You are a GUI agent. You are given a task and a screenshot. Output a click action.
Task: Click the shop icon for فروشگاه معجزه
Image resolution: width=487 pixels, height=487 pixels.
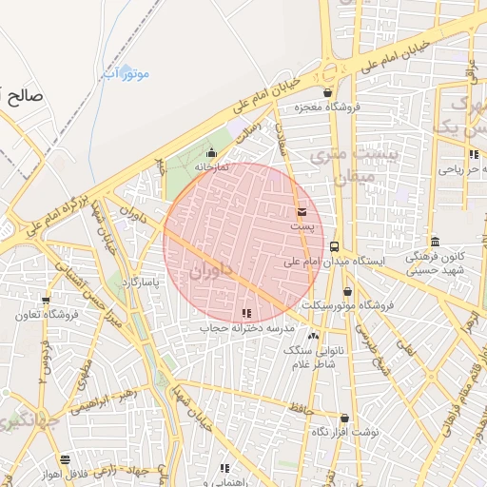click(328, 92)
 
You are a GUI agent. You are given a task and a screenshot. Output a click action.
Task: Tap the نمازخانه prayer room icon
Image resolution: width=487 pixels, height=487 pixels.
click(211, 152)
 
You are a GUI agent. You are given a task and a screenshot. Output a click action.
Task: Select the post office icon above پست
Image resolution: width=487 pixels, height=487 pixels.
click(302, 211)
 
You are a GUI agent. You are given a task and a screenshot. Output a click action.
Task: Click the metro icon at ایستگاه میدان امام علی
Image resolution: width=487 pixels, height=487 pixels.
click(334, 246)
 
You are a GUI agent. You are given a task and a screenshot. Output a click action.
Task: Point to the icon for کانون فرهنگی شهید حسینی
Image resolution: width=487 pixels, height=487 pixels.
click(435, 242)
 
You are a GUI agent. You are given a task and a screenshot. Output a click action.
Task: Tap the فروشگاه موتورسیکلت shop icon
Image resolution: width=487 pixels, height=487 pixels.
click(347, 291)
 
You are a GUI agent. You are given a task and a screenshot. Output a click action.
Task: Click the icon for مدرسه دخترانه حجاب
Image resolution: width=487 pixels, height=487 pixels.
click(247, 313)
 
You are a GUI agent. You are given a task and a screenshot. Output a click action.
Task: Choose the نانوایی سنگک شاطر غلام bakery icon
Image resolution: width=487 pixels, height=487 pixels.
click(314, 336)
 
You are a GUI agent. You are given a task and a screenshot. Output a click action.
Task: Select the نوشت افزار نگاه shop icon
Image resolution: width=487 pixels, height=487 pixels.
click(344, 418)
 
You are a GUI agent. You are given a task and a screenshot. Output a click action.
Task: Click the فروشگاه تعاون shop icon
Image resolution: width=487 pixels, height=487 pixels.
click(64, 301)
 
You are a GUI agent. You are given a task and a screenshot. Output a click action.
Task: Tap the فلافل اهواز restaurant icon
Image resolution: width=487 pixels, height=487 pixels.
click(64, 459)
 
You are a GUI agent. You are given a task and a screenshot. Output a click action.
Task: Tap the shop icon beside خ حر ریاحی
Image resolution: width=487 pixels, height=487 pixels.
click(473, 154)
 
